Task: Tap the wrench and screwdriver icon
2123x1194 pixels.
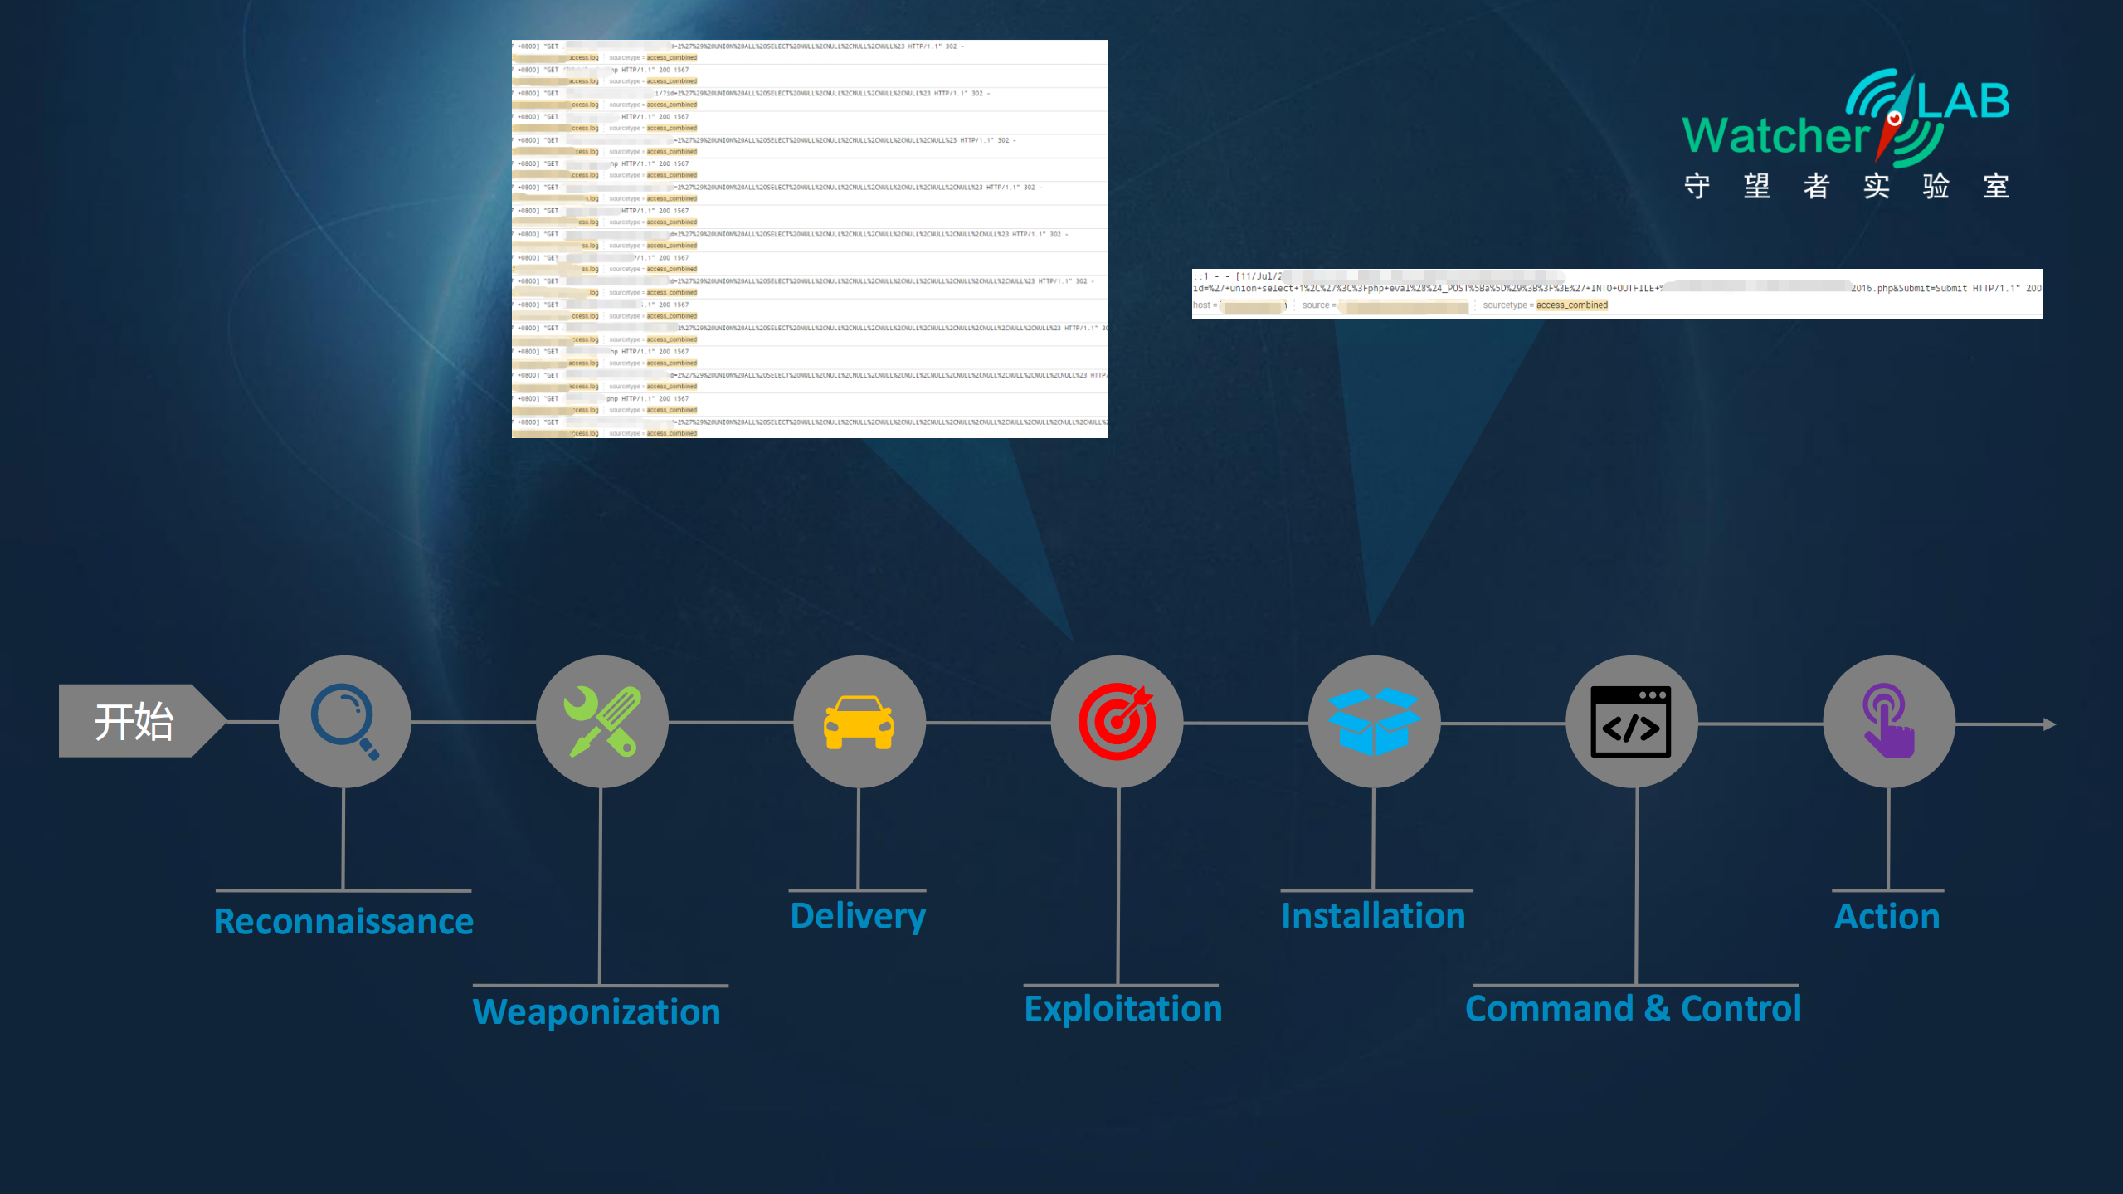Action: [602, 721]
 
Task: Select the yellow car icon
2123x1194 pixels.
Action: [859, 721]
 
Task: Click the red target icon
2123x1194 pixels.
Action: [1117, 721]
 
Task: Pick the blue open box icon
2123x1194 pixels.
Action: [1374, 721]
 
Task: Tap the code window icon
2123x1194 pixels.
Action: [1631, 721]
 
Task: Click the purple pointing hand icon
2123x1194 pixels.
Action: [1888, 721]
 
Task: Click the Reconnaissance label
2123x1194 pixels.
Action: [343, 921]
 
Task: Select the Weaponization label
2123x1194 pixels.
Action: [596, 1011]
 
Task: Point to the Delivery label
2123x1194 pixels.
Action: [858, 915]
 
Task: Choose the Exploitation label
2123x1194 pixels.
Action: [1123, 1008]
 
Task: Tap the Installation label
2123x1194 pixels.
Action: [1373, 915]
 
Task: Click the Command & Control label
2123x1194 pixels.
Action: [1633, 1008]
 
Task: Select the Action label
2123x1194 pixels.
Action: [1887, 916]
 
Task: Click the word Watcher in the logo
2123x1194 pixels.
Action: [1775, 135]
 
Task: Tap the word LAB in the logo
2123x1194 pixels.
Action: [1963, 101]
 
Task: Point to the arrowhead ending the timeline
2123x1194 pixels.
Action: [2049, 724]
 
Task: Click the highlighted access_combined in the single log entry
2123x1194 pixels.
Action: [1571, 305]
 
